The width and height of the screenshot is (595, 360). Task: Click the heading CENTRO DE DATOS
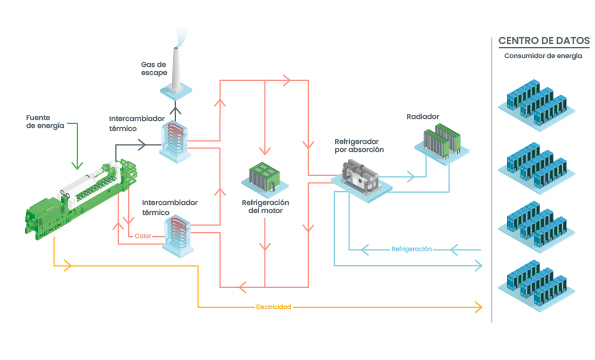[x=544, y=41]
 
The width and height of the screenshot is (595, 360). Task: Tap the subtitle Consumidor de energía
[x=543, y=55]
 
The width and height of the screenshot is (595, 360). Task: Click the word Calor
[x=146, y=236]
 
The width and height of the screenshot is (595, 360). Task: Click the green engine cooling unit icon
[x=265, y=177]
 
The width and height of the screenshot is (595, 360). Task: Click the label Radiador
[x=422, y=116]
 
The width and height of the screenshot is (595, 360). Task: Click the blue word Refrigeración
[x=412, y=248]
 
